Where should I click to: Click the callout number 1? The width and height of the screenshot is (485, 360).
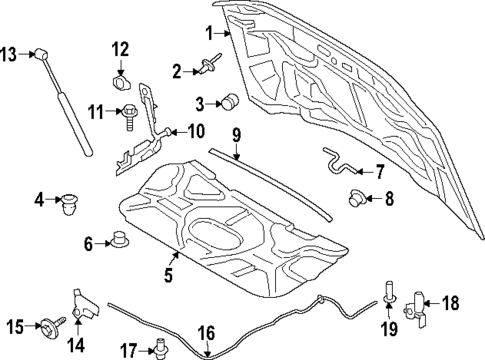210,33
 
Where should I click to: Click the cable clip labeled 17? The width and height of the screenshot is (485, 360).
157,348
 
